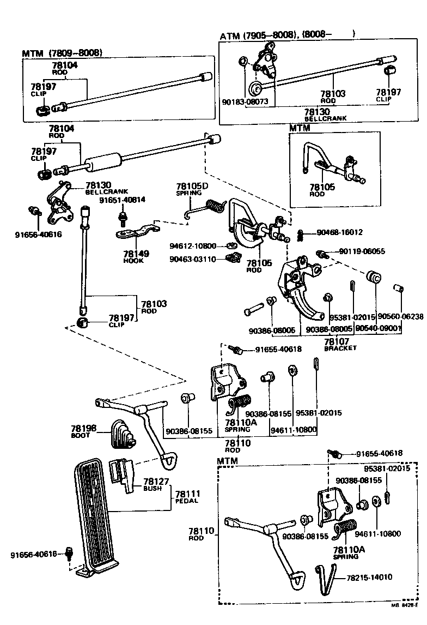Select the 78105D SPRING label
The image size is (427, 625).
[188, 189]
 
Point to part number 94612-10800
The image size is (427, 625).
[192, 245]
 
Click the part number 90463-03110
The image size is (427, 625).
[192, 259]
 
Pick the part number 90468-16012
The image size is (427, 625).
[340, 232]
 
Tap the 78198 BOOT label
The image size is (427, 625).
[83, 431]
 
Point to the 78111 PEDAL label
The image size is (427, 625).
[187, 496]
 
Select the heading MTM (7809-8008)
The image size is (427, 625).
[62, 53]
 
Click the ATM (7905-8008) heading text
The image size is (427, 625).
[259, 35]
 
